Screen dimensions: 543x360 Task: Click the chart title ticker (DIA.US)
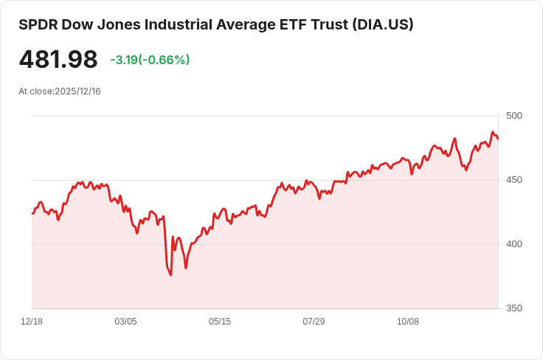[383, 24]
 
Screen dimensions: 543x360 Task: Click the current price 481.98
[58, 60]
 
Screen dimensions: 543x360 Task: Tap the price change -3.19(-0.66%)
[150, 60]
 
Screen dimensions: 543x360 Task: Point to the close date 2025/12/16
[77, 91]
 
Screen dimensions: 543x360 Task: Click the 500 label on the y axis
[514, 116]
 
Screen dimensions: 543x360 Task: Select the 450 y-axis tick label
[514, 180]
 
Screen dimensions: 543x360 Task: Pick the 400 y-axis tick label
[514, 244]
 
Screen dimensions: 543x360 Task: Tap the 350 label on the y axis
[514, 308]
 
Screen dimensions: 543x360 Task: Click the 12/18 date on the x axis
[32, 322]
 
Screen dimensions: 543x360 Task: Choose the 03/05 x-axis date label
[125, 322]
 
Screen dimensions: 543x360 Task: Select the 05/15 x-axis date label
[220, 322]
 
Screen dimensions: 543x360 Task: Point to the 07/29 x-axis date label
[314, 322]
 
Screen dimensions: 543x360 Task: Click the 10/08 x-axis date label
[407, 322]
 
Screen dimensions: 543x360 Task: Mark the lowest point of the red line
[170, 275]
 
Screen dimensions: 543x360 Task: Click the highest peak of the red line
[492, 132]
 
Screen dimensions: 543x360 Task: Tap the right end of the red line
[498, 139]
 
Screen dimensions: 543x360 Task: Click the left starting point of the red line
[32, 214]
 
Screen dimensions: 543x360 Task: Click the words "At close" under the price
[35, 91]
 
